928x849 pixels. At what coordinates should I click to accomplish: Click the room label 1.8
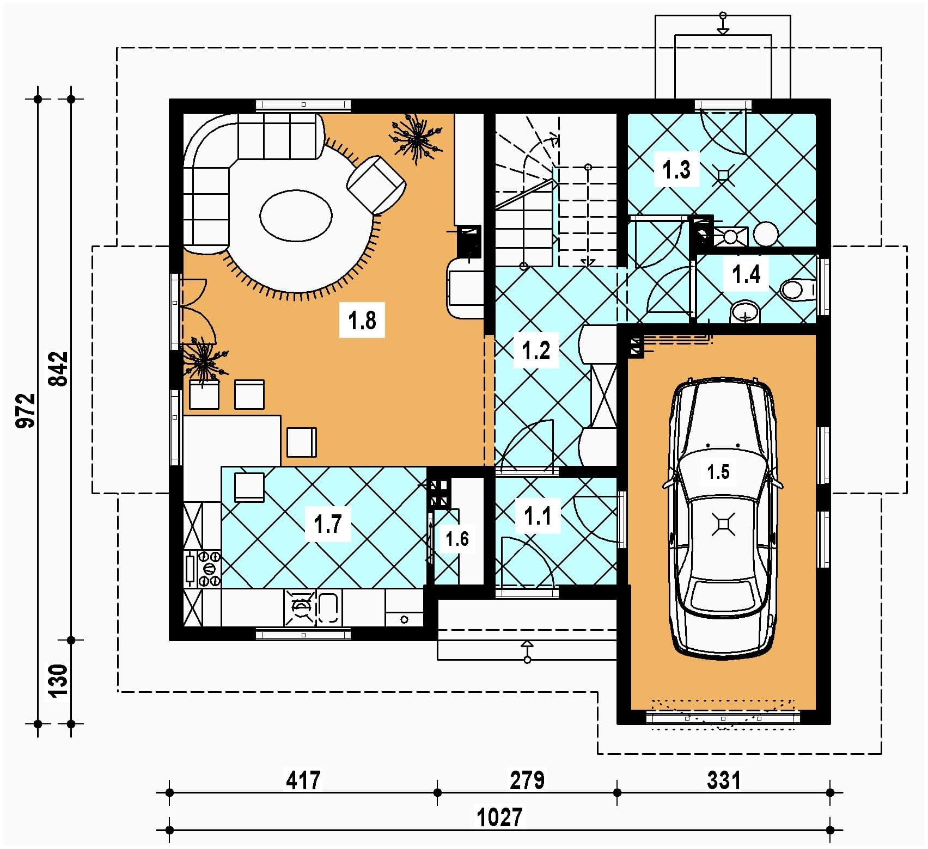tap(362, 320)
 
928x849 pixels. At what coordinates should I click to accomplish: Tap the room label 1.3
tap(676, 169)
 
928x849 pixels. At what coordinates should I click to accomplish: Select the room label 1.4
tap(746, 274)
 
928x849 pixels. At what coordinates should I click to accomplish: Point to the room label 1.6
tap(457, 539)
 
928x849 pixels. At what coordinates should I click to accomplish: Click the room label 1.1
tap(538, 515)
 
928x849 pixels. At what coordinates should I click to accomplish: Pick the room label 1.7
tap(327, 524)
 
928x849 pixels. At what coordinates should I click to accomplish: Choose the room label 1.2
tap(536, 350)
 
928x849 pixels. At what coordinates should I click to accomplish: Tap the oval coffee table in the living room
tap(296, 215)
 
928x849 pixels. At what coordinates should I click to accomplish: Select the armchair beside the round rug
tap(377, 184)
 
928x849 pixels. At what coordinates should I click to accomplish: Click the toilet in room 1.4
tap(798, 290)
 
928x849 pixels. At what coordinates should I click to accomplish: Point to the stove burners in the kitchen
tap(210, 569)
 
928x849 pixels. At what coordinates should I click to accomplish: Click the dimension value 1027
tap(499, 816)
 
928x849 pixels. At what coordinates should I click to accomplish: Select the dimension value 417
tap(303, 780)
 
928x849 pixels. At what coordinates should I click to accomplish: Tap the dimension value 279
tap(527, 780)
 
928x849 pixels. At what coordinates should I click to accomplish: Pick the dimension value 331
tap(724, 780)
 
